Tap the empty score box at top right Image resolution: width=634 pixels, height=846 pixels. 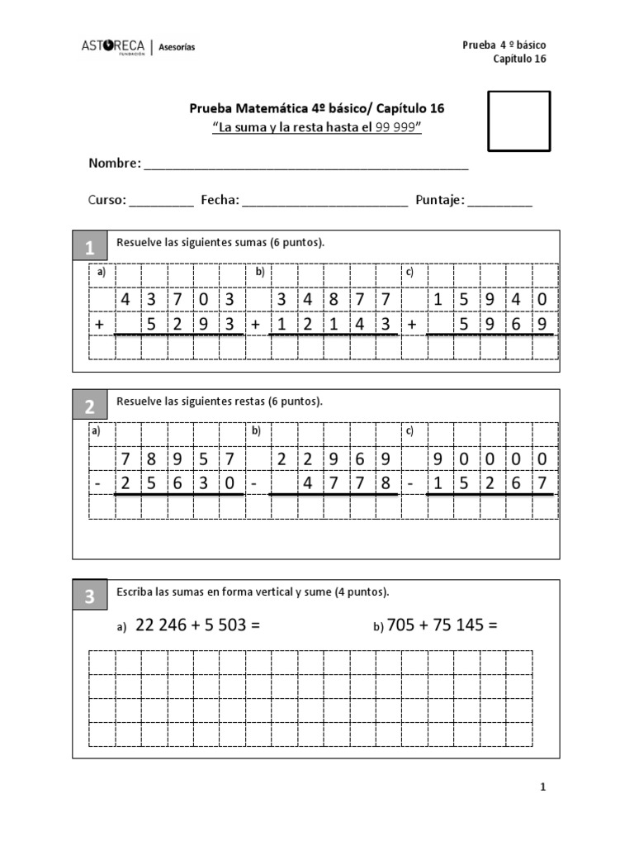518,121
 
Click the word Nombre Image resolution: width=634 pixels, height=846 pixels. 114,164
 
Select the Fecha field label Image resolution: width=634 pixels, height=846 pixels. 220,200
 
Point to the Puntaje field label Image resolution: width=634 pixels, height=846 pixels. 440,200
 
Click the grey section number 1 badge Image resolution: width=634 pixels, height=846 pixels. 90,247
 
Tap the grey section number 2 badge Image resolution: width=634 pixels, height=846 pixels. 90,406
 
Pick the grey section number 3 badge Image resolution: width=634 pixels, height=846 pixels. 90,597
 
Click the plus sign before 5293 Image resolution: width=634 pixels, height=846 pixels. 100,326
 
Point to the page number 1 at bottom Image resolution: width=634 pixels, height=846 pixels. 543,788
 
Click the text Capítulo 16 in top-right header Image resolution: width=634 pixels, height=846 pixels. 519,59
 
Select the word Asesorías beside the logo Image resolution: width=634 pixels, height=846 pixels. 177,48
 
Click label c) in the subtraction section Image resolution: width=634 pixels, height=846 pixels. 409,431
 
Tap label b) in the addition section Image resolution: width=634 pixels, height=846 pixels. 258,272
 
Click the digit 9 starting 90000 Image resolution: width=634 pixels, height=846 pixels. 438,459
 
